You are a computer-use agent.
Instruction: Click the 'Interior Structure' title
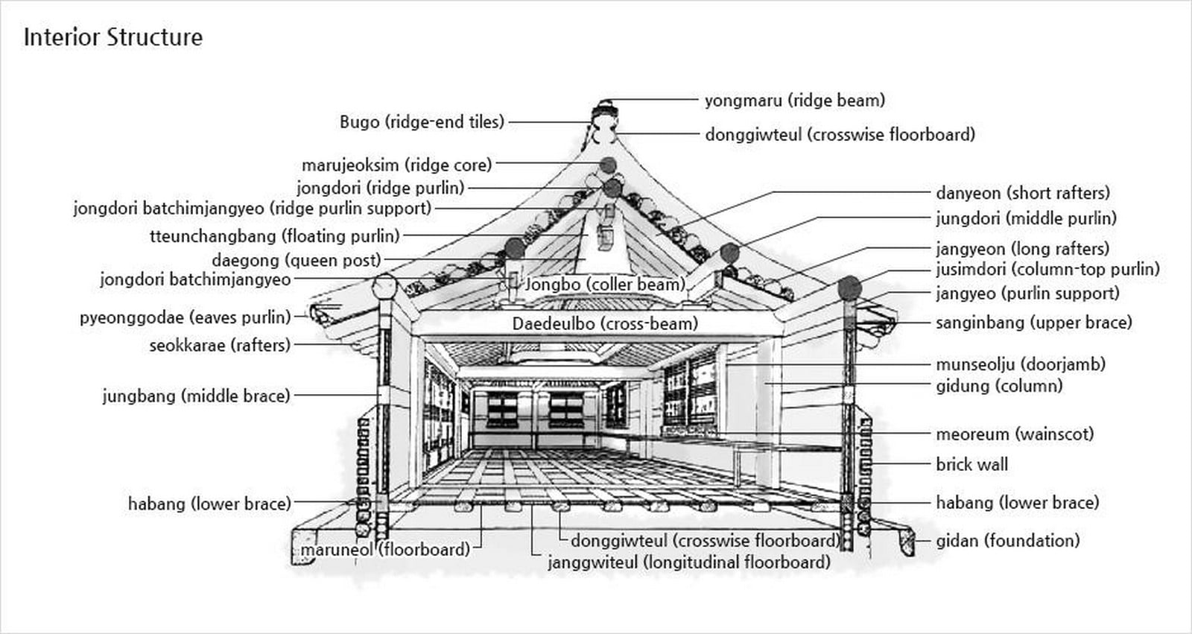[113, 37]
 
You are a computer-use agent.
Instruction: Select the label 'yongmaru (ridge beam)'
[795, 100]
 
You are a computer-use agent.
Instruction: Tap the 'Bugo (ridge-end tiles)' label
[422, 122]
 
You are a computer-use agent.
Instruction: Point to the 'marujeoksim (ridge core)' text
[397, 165]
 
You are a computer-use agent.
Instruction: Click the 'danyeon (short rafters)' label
[1023, 193]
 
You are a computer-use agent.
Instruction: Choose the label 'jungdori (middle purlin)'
[1027, 218]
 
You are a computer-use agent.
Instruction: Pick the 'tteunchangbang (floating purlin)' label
[275, 236]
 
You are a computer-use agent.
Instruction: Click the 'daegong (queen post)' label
[297, 260]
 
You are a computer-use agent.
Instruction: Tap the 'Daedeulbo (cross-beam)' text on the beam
[605, 323]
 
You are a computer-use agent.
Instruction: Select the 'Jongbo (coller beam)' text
[605, 285]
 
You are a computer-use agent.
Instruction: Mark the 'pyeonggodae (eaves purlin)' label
[186, 318]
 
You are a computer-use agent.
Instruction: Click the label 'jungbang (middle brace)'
[197, 396]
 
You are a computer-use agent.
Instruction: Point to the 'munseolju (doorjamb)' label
[1021, 364]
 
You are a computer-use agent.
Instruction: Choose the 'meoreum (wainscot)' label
[1015, 434]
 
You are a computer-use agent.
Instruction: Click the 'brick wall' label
[971, 465]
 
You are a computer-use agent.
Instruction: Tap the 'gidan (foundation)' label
[1008, 541]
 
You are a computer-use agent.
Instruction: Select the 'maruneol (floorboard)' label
[386, 550]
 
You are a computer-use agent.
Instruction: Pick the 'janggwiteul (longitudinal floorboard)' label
[690, 562]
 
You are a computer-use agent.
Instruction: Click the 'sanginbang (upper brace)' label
[1034, 322]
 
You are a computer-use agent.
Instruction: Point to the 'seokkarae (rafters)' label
[220, 346]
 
